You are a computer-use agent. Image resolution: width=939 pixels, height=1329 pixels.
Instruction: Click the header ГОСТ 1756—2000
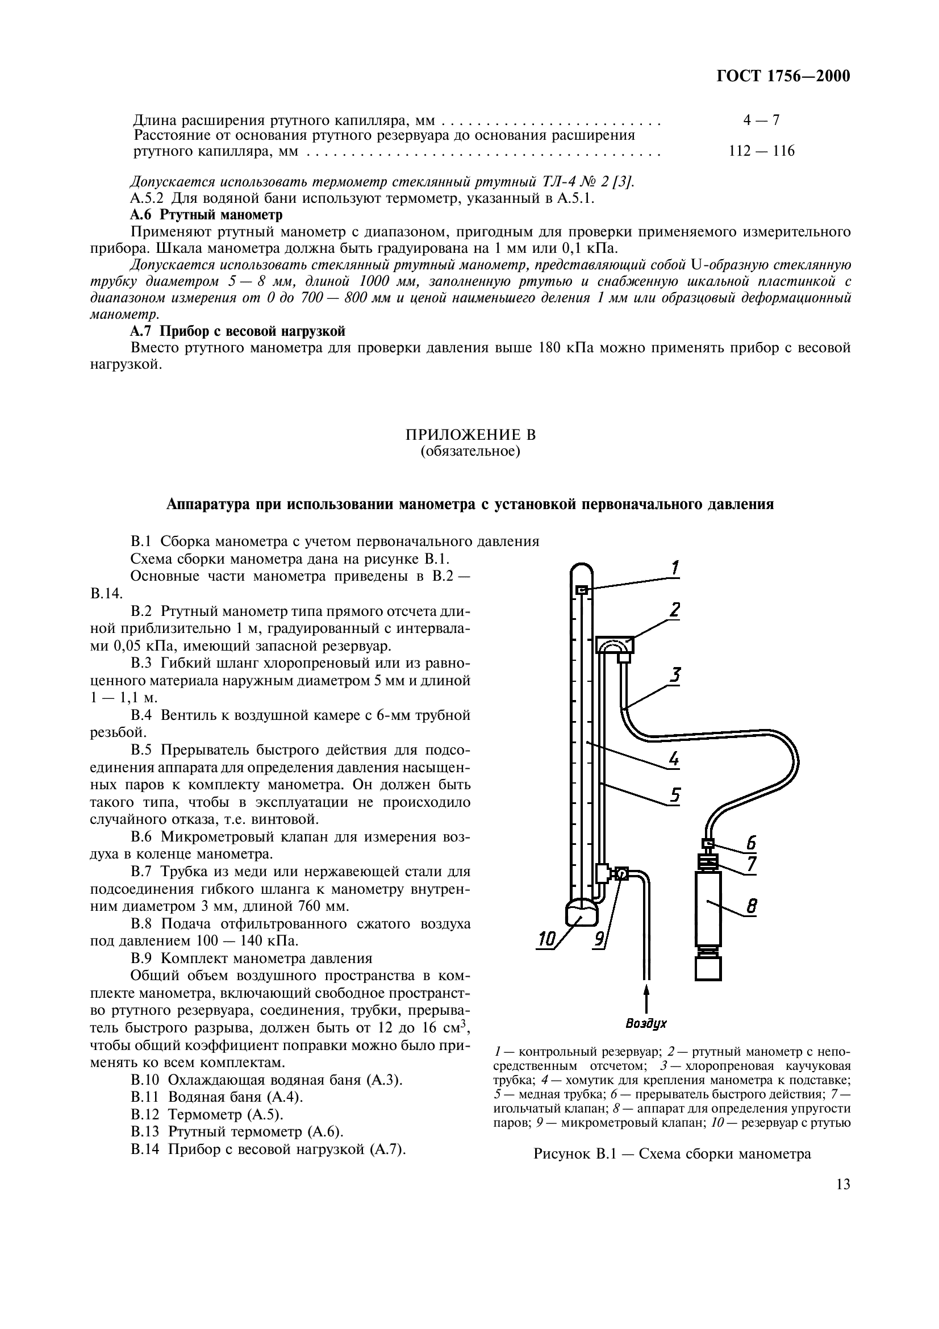[x=783, y=76]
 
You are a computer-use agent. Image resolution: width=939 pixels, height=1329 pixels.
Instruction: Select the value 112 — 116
[x=761, y=152]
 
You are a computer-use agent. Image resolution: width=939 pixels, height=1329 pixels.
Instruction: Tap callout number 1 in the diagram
[x=675, y=568]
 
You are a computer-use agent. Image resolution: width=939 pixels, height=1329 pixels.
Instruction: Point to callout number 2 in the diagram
[x=675, y=610]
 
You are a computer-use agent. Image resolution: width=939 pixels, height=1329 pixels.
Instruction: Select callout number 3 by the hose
[x=675, y=675]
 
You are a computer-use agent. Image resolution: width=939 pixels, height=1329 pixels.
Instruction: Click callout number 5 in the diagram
[x=675, y=795]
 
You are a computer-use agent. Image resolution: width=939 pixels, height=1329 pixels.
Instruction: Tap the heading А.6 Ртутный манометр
[x=206, y=215]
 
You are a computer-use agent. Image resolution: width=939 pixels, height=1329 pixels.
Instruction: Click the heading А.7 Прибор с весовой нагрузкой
[x=237, y=331]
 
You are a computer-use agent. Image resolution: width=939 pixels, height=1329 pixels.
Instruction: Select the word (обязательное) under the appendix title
[x=470, y=452]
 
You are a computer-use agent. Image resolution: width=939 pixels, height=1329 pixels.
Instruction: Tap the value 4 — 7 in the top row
[x=761, y=120]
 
